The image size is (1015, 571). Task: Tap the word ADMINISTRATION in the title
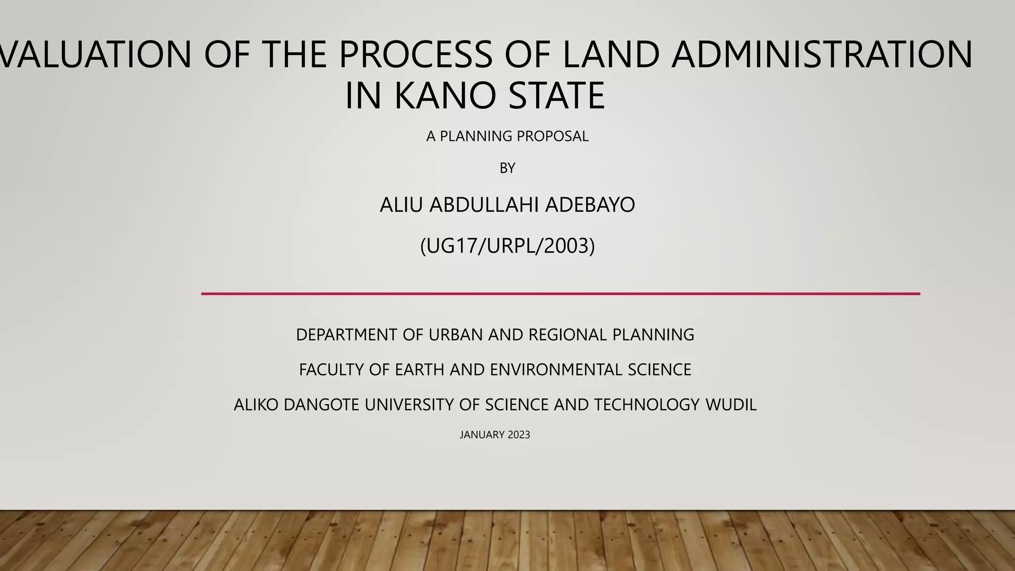[x=822, y=54]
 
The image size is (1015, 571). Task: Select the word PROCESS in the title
[x=416, y=54]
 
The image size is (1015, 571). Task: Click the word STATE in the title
[x=557, y=95]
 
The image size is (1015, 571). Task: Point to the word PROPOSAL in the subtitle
[x=553, y=136]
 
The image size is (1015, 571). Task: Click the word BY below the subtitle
[x=507, y=169]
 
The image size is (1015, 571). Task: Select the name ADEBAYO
[x=590, y=205]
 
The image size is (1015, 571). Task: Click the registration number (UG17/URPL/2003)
[x=507, y=246]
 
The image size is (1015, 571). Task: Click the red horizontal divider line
[x=560, y=294]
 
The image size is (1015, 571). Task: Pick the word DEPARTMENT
[x=347, y=335]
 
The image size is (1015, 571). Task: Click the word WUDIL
[x=731, y=405]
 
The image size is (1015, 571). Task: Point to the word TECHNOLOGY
[x=647, y=405]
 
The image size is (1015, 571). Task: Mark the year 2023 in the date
[x=519, y=435]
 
